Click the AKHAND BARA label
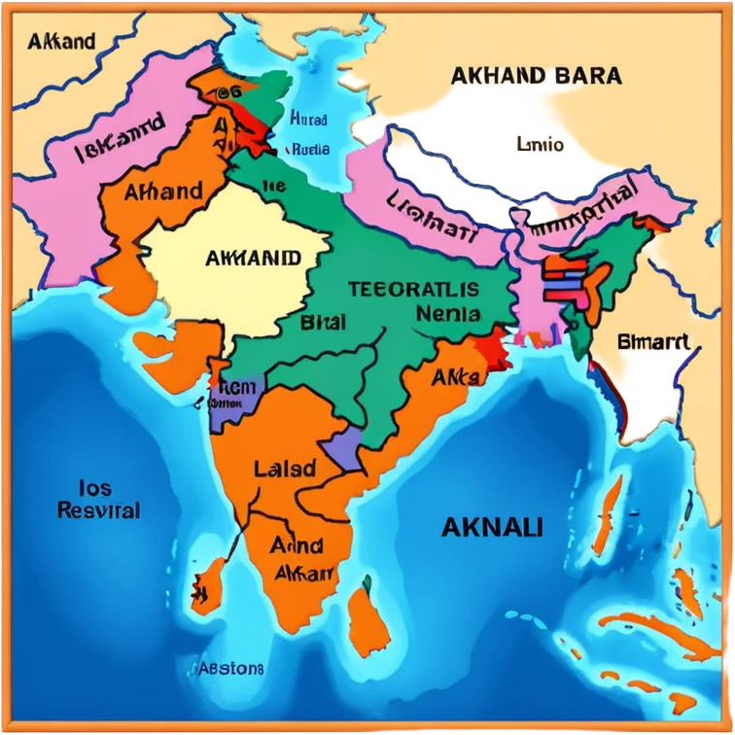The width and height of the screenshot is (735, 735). [536, 76]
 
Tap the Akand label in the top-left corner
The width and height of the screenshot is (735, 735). [61, 42]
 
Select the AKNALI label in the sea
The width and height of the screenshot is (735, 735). [492, 528]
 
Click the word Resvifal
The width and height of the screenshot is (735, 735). [98, 510]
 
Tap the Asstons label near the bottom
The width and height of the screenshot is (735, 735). [230, 669]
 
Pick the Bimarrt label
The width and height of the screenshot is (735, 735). [653, 342]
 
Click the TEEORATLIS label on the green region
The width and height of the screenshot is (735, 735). [413, 289]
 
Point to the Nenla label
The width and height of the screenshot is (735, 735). [447, 314]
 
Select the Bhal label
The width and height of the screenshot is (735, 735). [323, 322]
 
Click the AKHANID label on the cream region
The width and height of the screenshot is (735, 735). [254, 259]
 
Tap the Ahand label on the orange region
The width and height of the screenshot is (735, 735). [163, 191]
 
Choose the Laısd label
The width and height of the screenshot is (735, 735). [284, 469]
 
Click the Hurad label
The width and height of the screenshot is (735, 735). [308, 119]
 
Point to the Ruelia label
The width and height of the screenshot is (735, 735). [310, 150]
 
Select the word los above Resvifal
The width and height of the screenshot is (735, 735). [94, 488]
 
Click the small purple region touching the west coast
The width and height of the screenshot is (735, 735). [237, 398]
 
